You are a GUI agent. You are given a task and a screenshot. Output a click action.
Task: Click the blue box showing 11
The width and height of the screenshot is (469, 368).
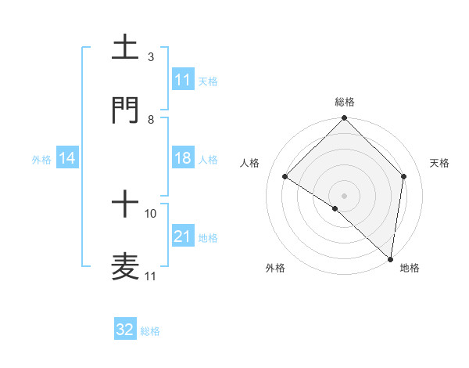[x=183, y=79]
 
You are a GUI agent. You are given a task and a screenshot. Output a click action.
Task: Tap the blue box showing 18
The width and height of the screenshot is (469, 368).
[x=183, y=158]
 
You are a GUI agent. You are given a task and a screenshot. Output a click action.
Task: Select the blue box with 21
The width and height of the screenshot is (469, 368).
[x=183, y=236]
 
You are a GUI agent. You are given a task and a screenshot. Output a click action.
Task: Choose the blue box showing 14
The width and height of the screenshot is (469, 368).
[x=67, y=158]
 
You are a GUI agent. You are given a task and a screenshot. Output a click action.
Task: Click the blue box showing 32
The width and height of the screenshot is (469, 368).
[x=125, y=330]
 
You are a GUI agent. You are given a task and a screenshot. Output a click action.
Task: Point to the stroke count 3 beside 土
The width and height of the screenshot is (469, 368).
[x=150, y=56]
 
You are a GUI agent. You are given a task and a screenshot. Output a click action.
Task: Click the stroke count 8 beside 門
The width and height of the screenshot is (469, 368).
[x=150, y=119]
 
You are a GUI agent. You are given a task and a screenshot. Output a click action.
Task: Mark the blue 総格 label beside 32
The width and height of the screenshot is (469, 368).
[x=150, y=331]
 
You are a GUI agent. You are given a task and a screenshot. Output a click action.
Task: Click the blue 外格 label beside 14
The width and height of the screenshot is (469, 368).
[x=41, y=159]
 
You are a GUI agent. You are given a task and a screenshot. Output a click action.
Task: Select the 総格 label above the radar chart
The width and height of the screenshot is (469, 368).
[x=345, y=102]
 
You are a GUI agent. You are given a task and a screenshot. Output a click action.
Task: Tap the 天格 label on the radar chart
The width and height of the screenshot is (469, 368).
[x=440, y=163]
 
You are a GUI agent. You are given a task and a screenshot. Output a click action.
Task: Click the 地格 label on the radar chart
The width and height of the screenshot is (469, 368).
[x=410, y=268]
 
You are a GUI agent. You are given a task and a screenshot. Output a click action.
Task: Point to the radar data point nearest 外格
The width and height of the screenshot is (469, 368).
[x=335, y=208]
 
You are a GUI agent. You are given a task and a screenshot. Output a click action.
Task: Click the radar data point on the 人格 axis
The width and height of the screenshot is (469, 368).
[x=285, y=176]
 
